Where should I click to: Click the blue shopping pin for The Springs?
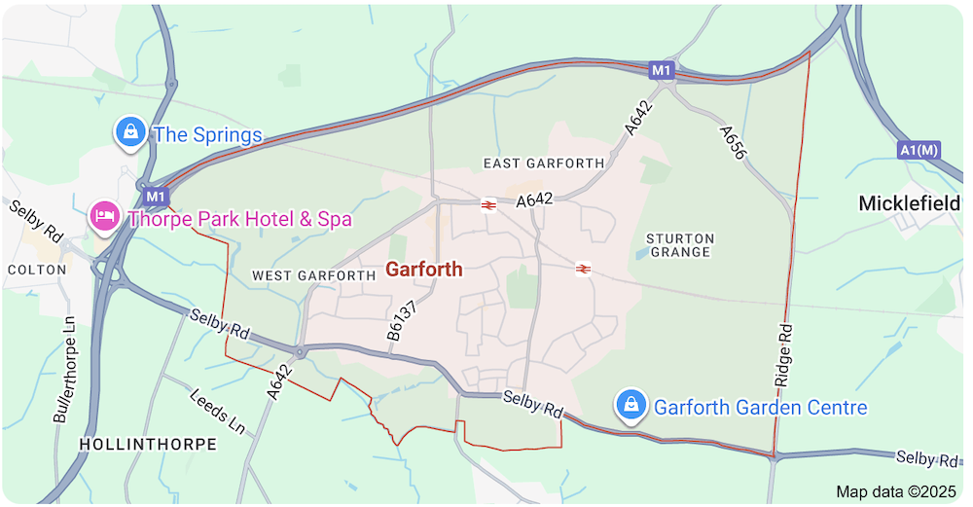pos(129,132)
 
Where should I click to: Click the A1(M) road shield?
pos(919,150)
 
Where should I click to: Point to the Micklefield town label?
pos(908,203)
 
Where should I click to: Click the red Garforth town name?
pos(424,270)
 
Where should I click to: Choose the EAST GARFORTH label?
pos(543,163)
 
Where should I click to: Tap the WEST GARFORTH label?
pos(313,275)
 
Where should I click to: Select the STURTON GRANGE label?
pos(680,245)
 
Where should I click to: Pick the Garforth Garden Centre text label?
pos(760,407)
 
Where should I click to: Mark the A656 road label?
pos(733,142)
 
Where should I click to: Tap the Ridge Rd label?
pos(786,351)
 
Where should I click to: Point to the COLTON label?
pos(36,270)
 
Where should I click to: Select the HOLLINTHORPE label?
pos(147,444)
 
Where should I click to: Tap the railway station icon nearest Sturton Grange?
pos(583,269)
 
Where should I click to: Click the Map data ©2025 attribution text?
pos(896,491)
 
